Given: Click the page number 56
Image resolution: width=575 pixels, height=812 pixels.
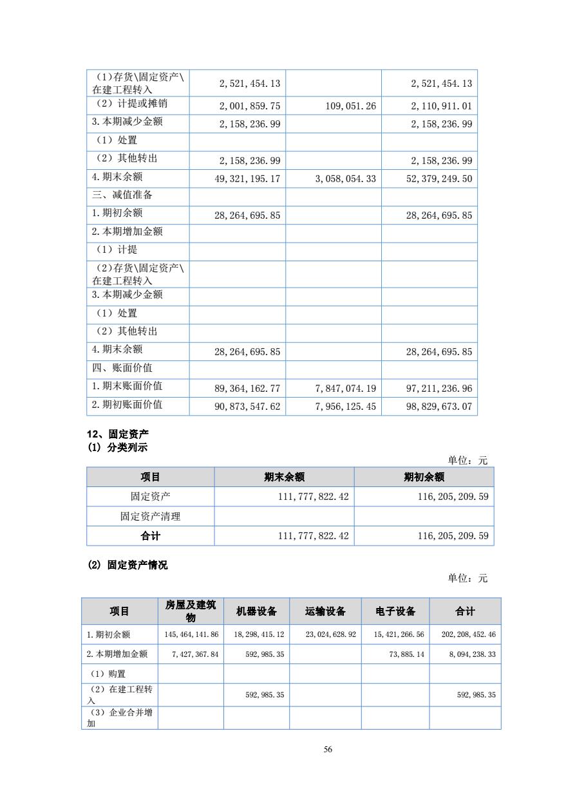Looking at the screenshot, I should click(328, 749).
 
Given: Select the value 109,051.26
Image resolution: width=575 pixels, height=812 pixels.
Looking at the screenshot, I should click(351, 106).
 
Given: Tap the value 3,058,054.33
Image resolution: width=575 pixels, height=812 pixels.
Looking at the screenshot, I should click(346, 179).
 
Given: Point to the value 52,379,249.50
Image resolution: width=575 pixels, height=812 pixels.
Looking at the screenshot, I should click(439, 179).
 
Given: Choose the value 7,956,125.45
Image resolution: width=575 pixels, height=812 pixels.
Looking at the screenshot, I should click(346, 407).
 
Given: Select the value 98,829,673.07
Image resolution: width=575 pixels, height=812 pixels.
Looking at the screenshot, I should click(439, 407).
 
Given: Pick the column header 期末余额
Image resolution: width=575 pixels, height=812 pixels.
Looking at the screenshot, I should click(284, 477).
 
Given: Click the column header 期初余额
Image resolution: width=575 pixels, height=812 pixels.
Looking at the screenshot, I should click(424, 477).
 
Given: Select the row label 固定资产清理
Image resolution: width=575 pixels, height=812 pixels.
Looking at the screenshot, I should click(151, 516).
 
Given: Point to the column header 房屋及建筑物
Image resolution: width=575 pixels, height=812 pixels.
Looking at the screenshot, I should click(191, 611).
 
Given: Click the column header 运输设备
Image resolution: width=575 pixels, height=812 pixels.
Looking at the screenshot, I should click(325, 611).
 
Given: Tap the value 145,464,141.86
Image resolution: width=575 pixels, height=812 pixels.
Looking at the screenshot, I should click(191, 634).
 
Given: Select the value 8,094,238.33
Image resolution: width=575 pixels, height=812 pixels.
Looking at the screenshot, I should click(469, 654).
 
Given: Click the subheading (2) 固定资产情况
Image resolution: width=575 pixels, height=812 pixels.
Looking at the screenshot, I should click(127, 565).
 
